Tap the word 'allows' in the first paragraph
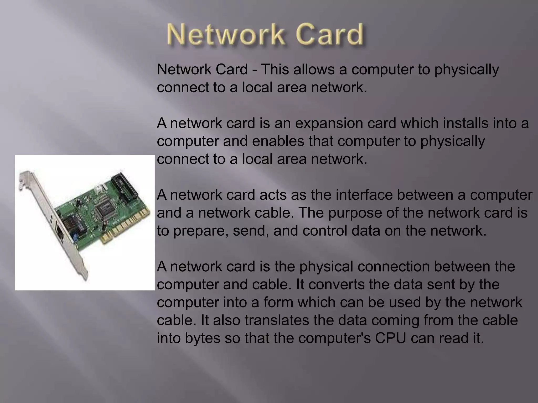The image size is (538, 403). pyautogui.click(x=314, y=70)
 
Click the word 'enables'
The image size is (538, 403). pyautogui.click(x=278, y=141)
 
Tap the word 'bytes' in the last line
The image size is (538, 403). pyautogui.click(x=202, y=338)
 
